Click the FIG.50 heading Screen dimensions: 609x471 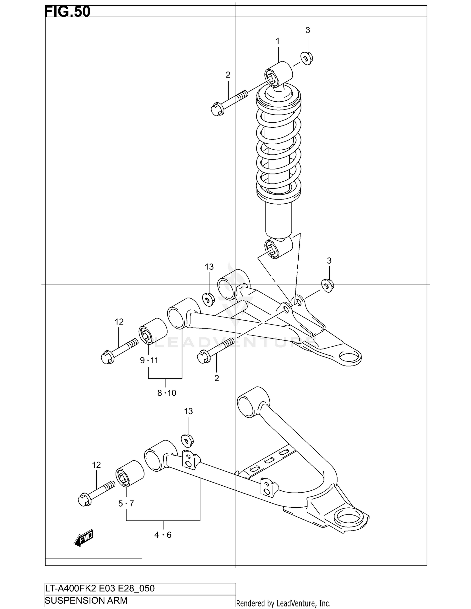click(x=68, y=12)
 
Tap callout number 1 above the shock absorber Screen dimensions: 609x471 click(x=278, y=41)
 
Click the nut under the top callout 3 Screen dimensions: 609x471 click(x=306, y=58)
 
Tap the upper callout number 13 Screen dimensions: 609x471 click(x=209, y=267)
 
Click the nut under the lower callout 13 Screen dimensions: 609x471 click(x=187, y=440)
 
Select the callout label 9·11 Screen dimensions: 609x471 click(x=149, y=361)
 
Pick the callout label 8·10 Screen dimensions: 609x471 click(x=167, y=393)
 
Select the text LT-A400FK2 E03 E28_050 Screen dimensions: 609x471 click(x=100, y=588)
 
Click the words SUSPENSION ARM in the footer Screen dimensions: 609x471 click(x=86, y=601)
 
